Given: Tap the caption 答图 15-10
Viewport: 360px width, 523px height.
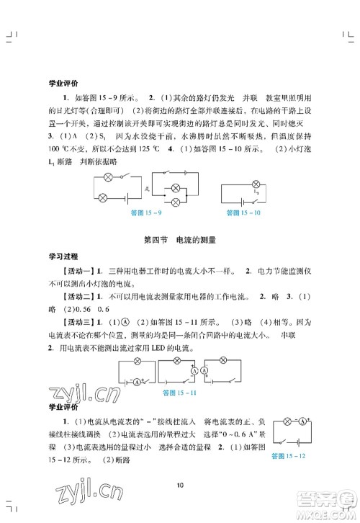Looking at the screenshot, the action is click(241, 213).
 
